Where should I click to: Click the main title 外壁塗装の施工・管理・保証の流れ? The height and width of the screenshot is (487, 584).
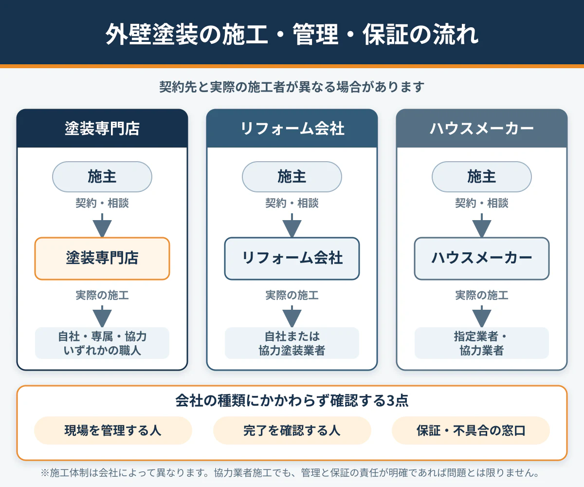[292, 34]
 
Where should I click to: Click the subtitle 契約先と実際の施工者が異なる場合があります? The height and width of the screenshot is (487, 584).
[292, 87]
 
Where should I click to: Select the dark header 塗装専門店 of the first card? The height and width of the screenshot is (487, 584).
[102, 129]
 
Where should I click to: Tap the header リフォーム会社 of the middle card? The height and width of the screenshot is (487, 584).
[292, 129]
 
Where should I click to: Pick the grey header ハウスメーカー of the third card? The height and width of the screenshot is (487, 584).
[482, 129]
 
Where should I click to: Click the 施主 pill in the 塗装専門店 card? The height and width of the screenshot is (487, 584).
[102, 177]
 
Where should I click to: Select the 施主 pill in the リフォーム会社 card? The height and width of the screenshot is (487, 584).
[292, 177]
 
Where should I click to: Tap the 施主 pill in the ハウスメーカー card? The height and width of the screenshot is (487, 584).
[482, 177]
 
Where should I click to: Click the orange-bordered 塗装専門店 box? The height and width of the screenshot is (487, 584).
[102, 258]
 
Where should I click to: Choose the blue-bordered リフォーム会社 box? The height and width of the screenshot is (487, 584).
[292, 258]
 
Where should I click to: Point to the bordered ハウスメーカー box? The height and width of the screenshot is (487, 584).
[482, 258]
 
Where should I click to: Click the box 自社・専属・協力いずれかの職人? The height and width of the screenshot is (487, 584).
[102, 343]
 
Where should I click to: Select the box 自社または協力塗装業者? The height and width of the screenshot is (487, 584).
[292, 343]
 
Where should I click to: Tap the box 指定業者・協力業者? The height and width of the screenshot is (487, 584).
[482, 343]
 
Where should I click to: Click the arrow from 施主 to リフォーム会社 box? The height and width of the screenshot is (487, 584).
[292, 225]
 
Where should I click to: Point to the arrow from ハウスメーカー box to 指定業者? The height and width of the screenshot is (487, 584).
[482, 317]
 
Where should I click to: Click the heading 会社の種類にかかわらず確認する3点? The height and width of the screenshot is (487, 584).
[292, 400]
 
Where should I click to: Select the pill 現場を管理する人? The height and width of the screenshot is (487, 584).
[113, 431]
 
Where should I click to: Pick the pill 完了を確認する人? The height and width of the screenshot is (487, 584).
[292, 431]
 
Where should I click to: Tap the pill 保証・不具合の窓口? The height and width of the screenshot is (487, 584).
[471, 431]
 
